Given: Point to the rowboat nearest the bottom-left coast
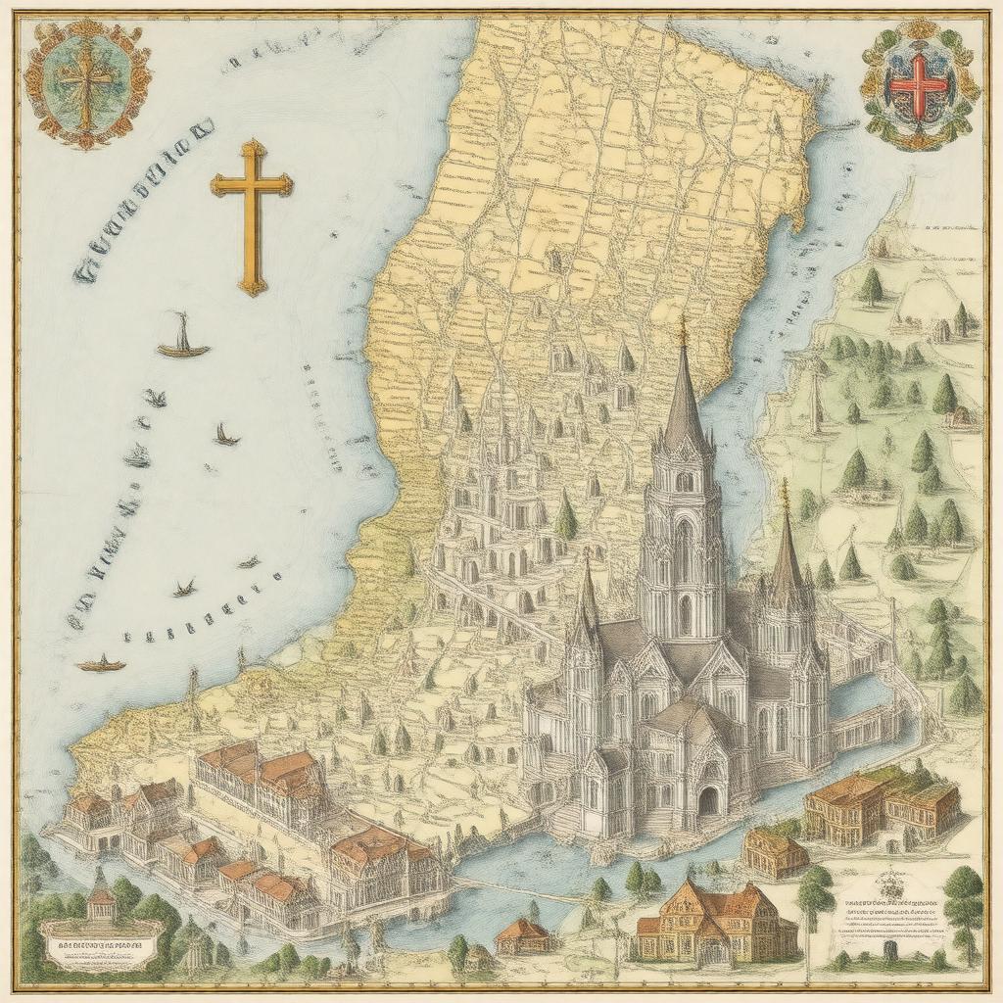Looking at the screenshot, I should [x=102, y=665].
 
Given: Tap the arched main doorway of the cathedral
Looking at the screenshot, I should [x=707, y=800].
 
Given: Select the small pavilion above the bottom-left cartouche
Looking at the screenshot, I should [x=101, y=896].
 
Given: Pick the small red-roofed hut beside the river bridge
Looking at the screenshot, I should [x=522, y=934].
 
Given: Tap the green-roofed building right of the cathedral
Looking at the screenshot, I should [x=882, y=803].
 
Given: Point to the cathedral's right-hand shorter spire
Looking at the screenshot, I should [x=785, y=549].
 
